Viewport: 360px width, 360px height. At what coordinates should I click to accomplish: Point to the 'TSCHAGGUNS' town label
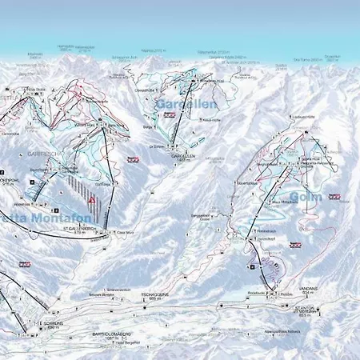(x=152, y=295)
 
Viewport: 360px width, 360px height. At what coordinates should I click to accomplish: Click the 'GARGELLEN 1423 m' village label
(x=183, y=158)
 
